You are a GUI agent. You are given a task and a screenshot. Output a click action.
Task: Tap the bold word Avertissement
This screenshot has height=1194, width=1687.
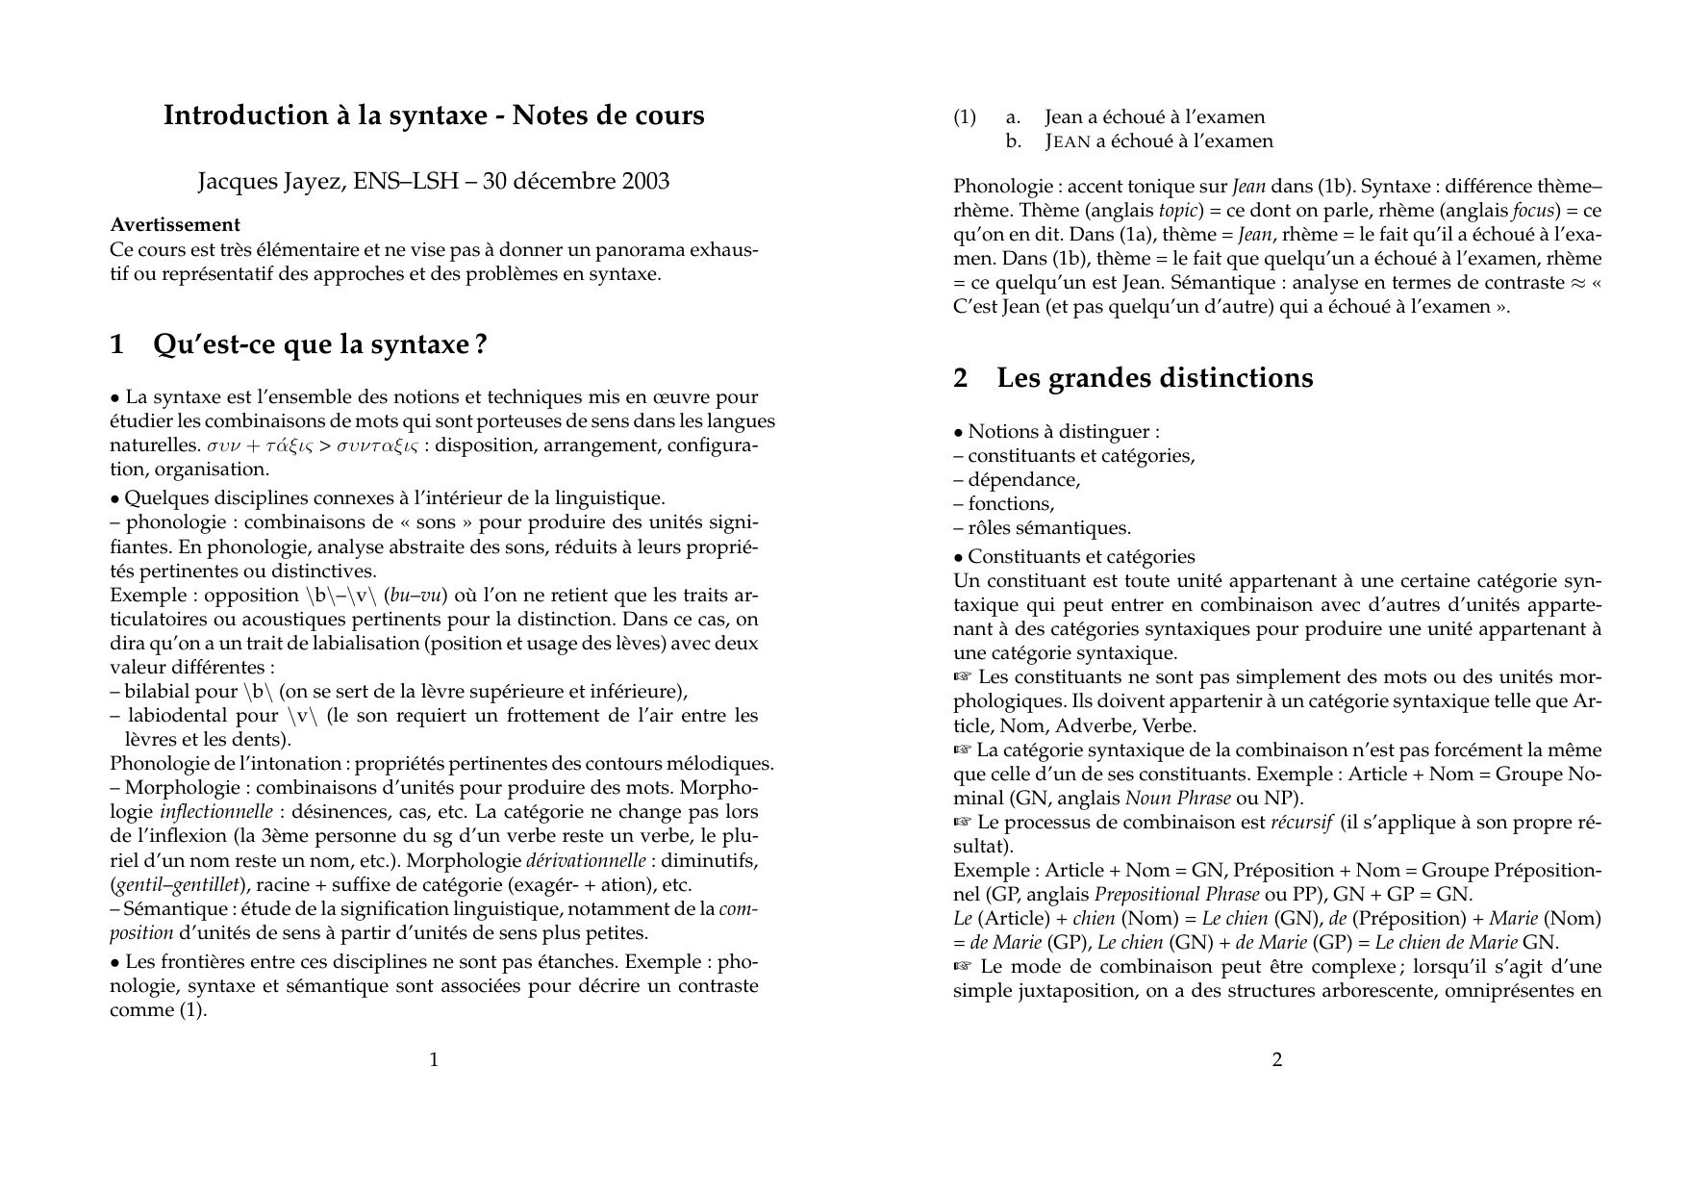(x=175, y=225)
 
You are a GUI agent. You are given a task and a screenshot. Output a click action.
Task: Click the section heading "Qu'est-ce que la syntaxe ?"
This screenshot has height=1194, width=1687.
(x=320, y=344)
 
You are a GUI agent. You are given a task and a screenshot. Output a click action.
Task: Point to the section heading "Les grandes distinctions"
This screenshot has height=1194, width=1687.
(x=1154, y=378)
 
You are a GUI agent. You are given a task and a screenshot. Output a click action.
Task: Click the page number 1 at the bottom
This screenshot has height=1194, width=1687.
(x=434, y=1060)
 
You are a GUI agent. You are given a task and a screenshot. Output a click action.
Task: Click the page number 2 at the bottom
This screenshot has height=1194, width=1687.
(x=1277, y=1060)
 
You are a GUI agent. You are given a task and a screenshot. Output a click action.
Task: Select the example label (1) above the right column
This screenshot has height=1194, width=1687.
(x=964, y=117)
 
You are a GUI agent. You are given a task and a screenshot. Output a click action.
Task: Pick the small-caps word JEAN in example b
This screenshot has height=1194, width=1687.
(x=1068, y=142)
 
